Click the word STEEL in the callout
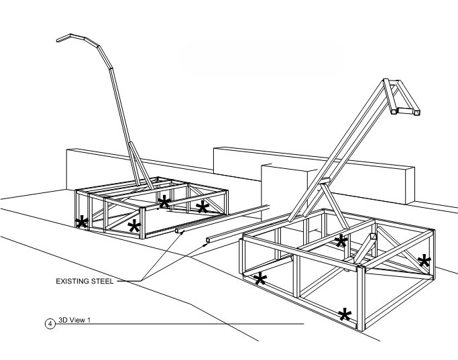tap(103, 280)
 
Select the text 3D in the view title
tap(64, 320)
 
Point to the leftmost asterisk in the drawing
tap(82, 221)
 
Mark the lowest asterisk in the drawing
tap(345, 313)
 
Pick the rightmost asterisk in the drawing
tap(424, 260)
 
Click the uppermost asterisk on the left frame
tap(164, 200)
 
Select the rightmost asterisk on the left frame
tap(201, 206)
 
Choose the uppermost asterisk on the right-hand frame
tap(341, 240)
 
